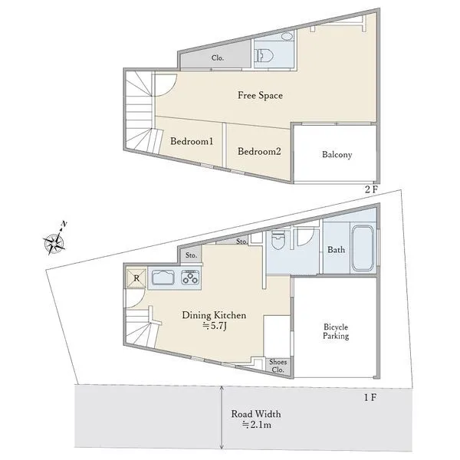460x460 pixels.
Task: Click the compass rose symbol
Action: tap(55, 242)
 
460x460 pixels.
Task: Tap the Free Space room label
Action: tap(260, 95)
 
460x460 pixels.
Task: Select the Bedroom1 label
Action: tap(192, 141)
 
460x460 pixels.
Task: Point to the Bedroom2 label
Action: tap(259, 151)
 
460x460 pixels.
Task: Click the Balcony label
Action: tap(337, 154)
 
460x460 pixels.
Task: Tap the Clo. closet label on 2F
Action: tap(218, 58)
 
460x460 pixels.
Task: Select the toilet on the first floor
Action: tap(278, 240)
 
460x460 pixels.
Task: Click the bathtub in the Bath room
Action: tap(363, 248)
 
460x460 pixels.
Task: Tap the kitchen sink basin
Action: tap(163, 278)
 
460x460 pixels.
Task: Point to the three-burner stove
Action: tap(190, 278)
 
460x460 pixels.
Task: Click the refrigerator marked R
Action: tap(136, 278)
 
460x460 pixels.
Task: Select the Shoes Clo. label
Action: tap(278, 366)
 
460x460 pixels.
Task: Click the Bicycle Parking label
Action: tap(336, 331)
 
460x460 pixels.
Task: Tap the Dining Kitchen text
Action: tap(214, 315)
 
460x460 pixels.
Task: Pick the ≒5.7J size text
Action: tap(215, 326)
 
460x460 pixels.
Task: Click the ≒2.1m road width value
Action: tap(256, 425)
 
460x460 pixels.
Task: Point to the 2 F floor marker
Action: tap(371, 189)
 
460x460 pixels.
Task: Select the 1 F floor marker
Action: tap(370, 397)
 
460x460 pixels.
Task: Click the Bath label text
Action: tap(337, 250)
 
